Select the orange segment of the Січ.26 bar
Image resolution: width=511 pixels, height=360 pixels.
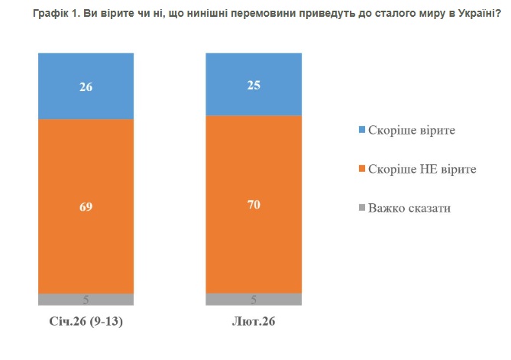[86, 229]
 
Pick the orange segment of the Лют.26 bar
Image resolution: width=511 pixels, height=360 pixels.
[254, 229]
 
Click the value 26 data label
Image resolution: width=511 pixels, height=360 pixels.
[86, 86]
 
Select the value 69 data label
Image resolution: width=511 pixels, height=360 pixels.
[86, 206]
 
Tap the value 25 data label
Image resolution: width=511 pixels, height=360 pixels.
[254, 85]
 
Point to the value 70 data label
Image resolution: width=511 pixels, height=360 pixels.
[254, 204]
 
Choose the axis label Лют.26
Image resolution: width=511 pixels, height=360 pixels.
[254, 321]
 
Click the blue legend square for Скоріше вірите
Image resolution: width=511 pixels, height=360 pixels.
[361, 131]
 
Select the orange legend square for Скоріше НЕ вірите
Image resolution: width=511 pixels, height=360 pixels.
[361, 169]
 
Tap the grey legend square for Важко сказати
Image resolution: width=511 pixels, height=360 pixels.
[361, 208]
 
